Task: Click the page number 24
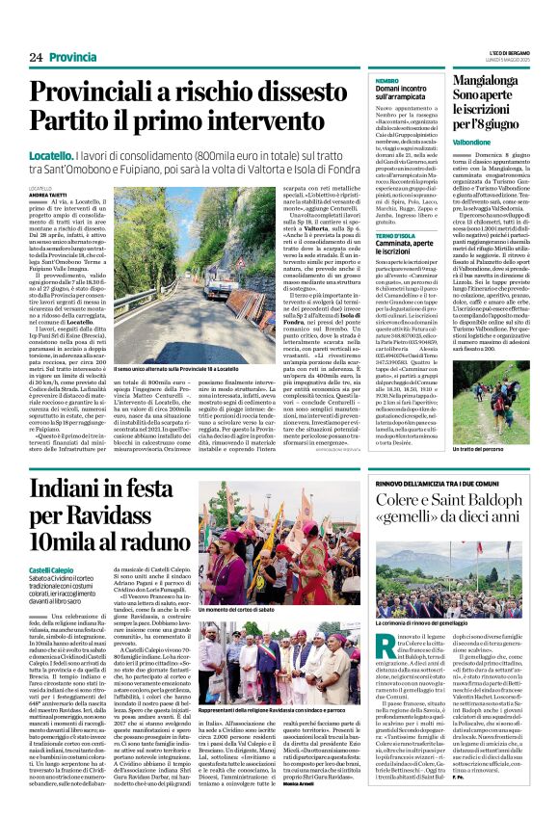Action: pyautogui.click(x=22, y=57)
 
